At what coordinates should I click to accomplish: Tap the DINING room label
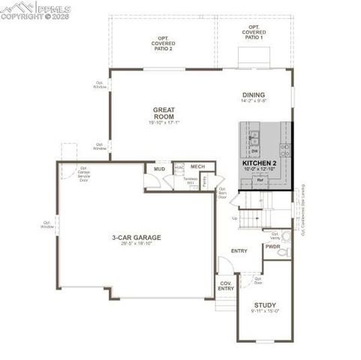(253, 94)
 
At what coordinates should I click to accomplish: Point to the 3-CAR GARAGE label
(137, 238)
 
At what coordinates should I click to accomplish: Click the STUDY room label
(264, 305)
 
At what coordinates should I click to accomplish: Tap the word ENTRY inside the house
(239, 251)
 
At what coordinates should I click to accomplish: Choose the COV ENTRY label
(226, 286)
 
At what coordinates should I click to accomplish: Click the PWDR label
(272, 246)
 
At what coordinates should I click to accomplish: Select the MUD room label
(159, 169)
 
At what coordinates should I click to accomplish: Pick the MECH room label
(197, 166)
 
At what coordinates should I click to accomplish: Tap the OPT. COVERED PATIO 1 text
(254, 33)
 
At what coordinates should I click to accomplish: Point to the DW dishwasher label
(255, 150)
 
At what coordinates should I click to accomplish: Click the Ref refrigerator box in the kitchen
(260, 180)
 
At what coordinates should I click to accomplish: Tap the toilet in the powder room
(282, 254)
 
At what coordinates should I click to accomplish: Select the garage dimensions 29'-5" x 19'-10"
(137, 244)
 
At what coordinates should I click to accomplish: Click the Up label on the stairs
(235, 218)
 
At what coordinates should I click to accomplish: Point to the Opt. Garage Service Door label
(84, 175)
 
